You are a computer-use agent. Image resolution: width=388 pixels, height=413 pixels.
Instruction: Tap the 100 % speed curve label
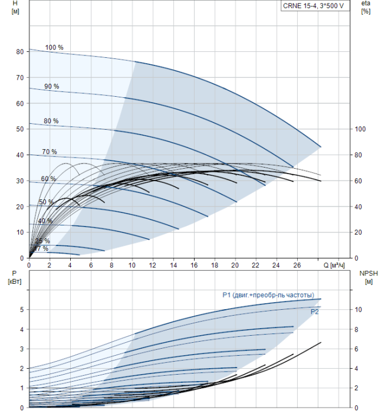point(54,47)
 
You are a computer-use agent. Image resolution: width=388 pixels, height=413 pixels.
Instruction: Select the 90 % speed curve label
point(51,86)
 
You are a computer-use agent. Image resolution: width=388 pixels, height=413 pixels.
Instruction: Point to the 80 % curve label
point(51,121)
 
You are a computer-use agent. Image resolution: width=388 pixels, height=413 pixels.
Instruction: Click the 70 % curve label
point(50,152)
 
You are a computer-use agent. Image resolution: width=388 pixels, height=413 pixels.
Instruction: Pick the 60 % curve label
point(48,179)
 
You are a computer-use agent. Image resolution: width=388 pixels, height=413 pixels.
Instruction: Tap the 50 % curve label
point(46,202)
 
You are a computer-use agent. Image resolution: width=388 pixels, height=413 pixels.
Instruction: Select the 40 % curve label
point(45,221)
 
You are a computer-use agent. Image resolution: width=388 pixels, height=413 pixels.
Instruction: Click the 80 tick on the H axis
point(19,52)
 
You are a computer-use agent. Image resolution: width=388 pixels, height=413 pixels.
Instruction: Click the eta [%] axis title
point(366,8)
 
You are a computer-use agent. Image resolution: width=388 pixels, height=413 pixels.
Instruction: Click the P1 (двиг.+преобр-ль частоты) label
point(268,295)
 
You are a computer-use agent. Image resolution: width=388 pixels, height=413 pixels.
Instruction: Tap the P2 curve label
point(314,312)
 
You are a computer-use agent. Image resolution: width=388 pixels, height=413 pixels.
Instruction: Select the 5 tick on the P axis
point(21,309)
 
